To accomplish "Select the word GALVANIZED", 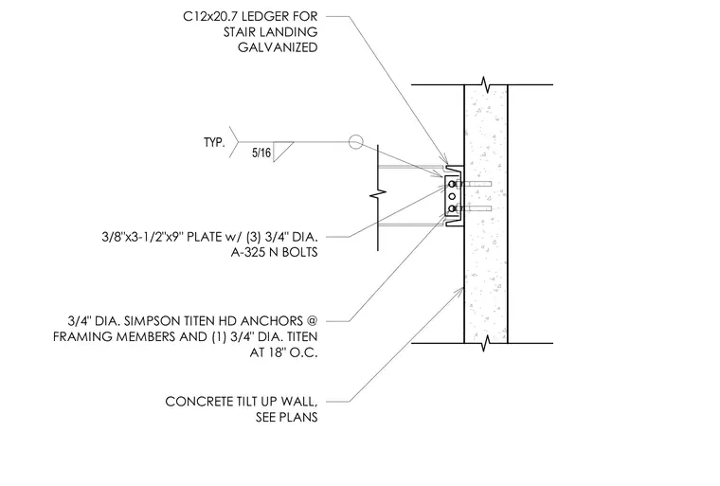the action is (x=278, y=47).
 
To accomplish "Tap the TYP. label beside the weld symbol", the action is (x=214, y=142).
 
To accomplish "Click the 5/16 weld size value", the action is (x=261, y=153).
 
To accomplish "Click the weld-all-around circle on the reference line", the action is (x=355, y=142).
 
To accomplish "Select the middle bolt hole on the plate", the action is (x=452, y=197).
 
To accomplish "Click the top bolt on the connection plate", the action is (x=452, y=184).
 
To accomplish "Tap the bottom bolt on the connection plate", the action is (x=452, y=209).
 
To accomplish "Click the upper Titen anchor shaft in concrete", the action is (x=477, y=184).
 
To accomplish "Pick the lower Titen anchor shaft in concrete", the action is (x=477, y=209).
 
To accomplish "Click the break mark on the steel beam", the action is (x=378, y=195).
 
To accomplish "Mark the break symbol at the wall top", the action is (x=485, y=84).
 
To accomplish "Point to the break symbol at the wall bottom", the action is (x=485, y=343).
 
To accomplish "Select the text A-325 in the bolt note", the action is (x=247, y=253).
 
